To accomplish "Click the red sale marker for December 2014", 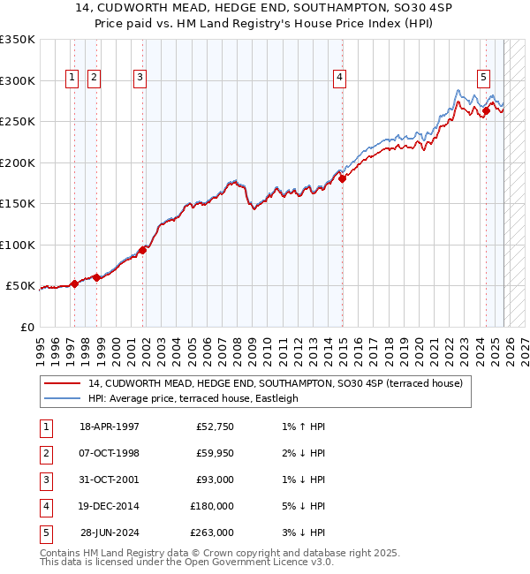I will tap(343, 178).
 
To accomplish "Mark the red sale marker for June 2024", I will tap(487, 110).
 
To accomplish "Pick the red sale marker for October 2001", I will tap(142, 250).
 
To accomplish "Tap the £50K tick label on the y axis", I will tap(20, 286).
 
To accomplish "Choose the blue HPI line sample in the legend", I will tap(62, 398).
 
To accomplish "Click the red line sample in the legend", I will tap(62, 383).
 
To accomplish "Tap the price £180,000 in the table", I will tap(212, 506).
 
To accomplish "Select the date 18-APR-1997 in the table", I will tap(110, 427).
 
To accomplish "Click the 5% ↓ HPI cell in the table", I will tap(300, 506).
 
